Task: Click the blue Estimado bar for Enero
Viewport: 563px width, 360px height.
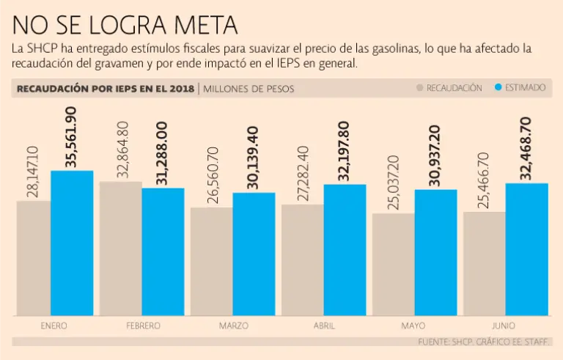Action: click(x=72, y=243)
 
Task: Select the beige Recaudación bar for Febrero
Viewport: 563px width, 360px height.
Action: click(x=121, y=249)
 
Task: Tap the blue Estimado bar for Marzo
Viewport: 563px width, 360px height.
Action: click(x=254, y=254)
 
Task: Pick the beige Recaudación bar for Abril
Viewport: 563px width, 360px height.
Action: click(x=303, y=260)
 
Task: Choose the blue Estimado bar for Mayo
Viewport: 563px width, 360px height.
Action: click(x=435, y=252)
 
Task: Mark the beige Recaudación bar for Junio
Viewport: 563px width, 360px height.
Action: click(x=485, y=263)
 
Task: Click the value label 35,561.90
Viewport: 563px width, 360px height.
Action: click(x=71, y=137)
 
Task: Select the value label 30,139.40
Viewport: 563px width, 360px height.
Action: click(x=253, y=158)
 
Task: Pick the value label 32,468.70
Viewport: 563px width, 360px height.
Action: click(x=526, y=148)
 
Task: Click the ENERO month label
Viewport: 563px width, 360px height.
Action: click(x=34, y=326)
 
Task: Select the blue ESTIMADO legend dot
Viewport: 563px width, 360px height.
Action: click(x=498, y=88)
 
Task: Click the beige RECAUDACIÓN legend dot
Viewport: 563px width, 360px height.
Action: click(x=419, y=88)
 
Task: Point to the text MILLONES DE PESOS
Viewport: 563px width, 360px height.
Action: click(x=249, y=89)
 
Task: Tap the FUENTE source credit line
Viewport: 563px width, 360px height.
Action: click(x=484, y=342)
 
